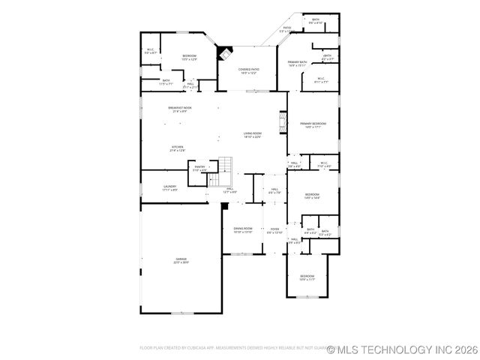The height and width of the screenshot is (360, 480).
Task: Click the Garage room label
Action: [181, 260]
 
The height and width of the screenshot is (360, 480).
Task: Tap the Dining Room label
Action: [243, 229]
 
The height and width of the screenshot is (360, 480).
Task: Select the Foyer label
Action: [274, 231]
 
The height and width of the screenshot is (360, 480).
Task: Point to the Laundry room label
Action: [169, 188]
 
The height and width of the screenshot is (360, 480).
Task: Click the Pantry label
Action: [199, 169]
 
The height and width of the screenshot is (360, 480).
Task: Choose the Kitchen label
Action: [177, 148]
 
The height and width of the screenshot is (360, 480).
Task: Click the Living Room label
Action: [252, 135]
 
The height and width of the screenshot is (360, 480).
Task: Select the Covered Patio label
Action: [249, 71]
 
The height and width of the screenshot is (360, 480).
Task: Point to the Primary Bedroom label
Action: [313, 125]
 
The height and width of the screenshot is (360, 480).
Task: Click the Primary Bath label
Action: [297, 64]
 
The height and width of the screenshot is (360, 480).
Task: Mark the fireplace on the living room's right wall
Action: [283, 122]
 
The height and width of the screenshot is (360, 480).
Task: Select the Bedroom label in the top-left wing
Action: [189, 57]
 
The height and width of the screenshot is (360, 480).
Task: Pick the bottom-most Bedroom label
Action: [307, 277]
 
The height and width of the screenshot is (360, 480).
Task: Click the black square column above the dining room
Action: [224, 204]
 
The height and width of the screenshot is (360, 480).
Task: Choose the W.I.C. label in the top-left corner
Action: [151, 52]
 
